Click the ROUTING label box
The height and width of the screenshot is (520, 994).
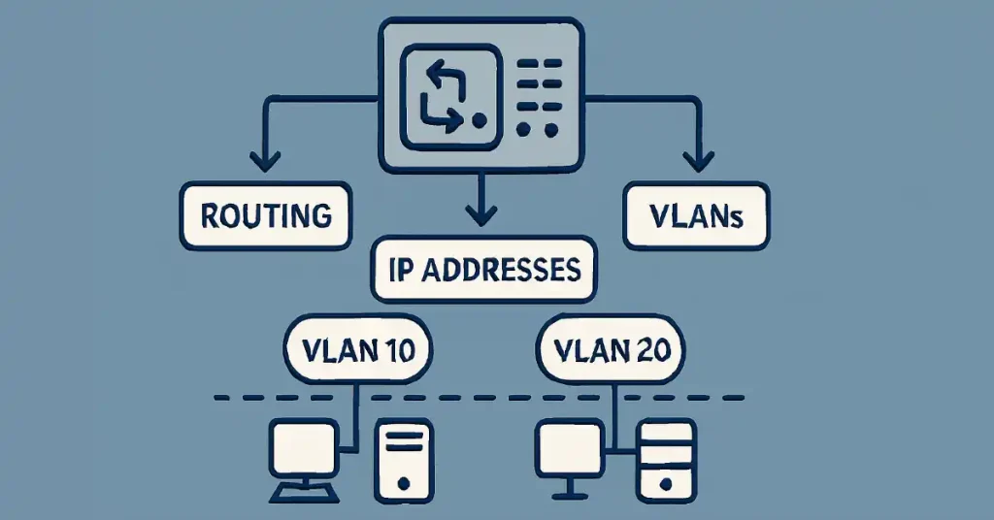(266, 214)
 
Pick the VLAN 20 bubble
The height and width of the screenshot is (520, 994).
(613, 348)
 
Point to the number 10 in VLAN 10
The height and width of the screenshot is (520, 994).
(402, 348)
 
